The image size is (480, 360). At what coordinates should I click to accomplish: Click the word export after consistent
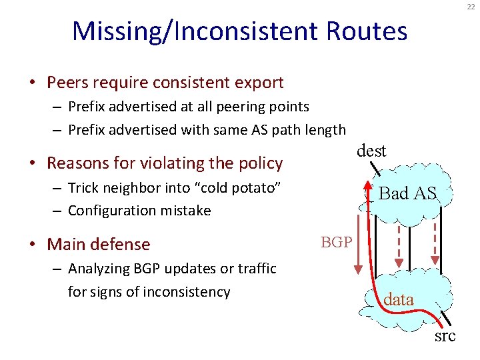pos(260,83)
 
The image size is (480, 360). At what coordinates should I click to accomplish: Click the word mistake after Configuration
pos(187,211)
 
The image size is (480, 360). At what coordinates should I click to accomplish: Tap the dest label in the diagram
pos(371,151)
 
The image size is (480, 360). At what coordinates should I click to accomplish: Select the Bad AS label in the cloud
pos(407,193)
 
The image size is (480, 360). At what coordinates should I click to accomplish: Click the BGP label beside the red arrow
pos(337,242)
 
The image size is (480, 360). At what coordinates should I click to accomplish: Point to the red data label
pos(399,300)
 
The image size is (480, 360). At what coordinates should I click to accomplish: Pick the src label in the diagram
pos(445,335)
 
